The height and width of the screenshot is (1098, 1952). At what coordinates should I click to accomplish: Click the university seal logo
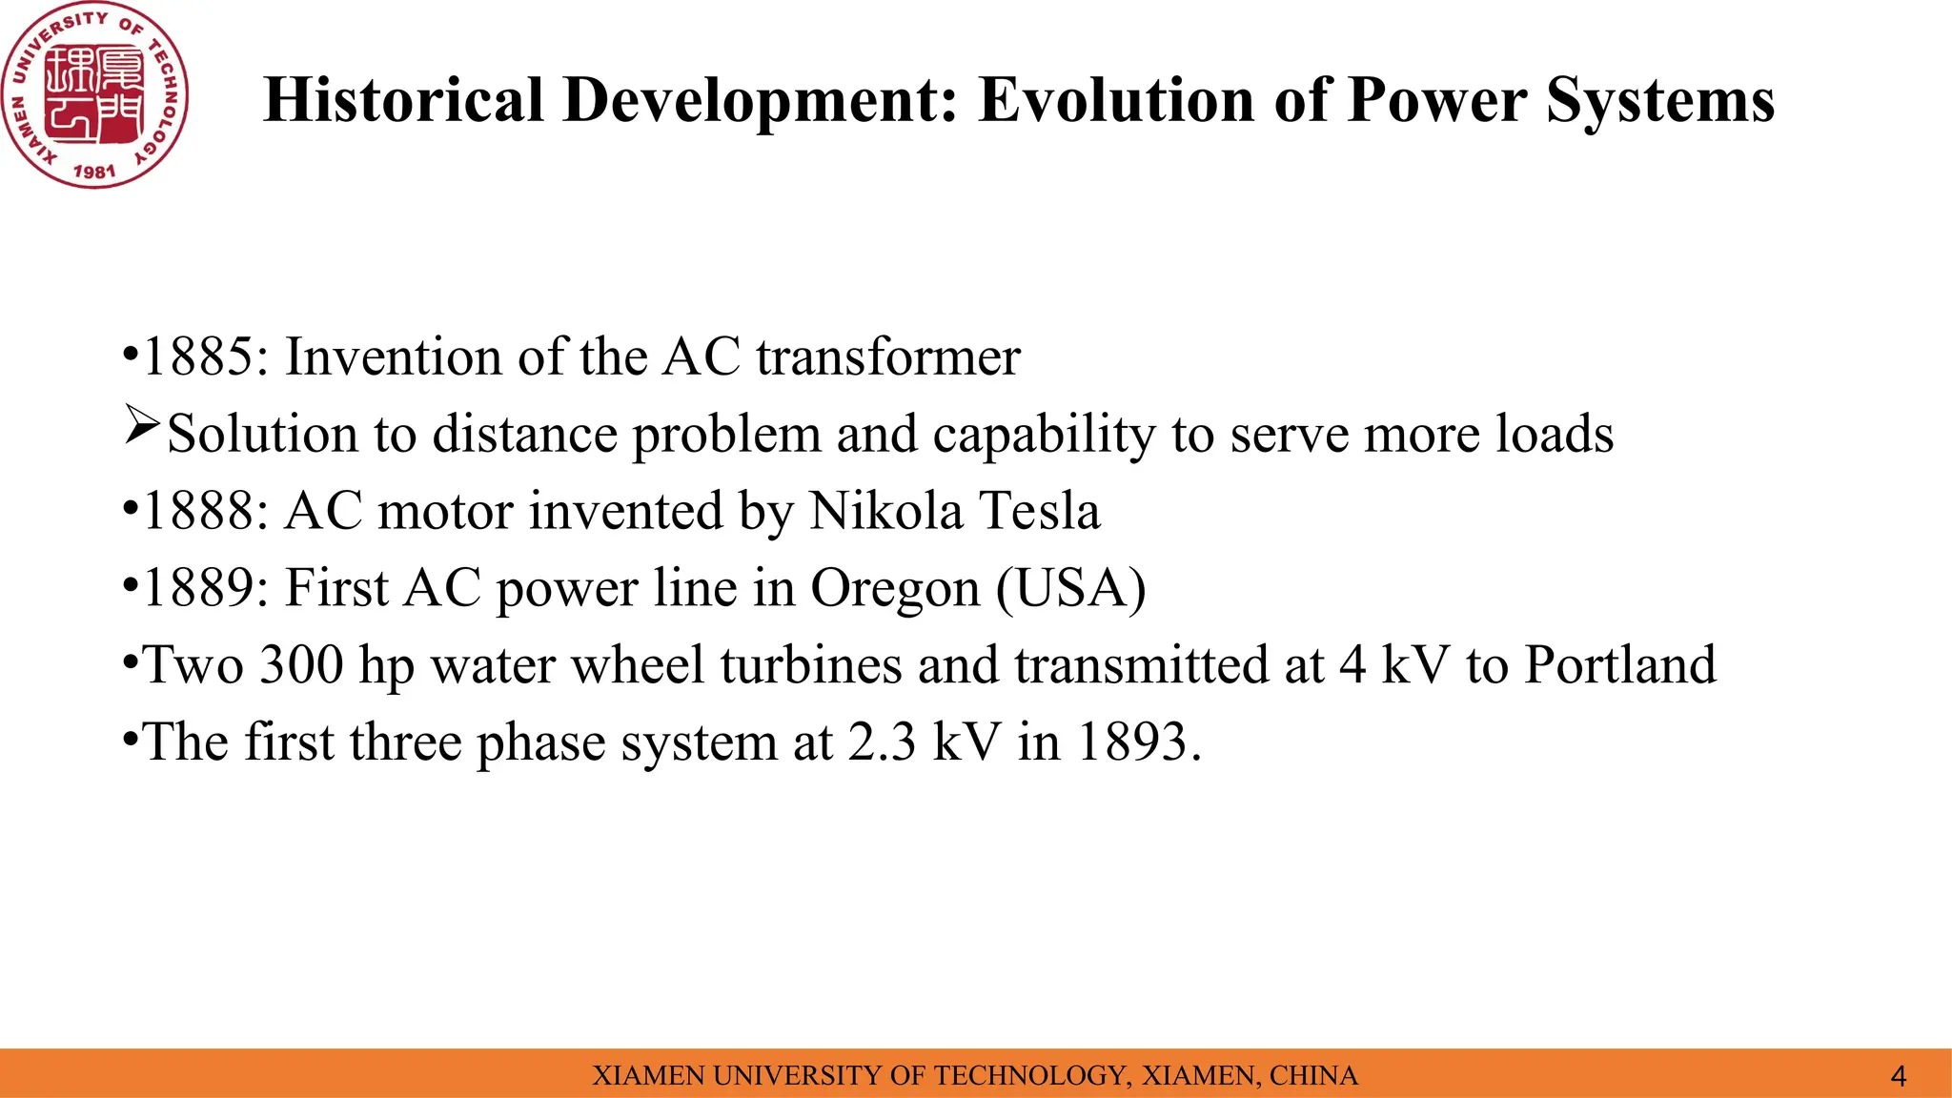94,94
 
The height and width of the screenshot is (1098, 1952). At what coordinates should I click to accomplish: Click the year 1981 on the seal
94,172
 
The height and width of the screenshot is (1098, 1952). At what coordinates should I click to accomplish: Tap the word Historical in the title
403,100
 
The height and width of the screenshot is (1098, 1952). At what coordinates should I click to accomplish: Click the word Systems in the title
1659,100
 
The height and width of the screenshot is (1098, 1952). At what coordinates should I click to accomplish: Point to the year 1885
198,357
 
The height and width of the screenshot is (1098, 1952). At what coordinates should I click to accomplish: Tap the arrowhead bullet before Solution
141,426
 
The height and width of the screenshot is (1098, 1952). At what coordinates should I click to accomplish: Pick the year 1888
198,511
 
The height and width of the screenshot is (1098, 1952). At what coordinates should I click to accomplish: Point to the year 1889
198,588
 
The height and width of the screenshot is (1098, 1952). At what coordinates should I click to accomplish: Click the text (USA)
1070,588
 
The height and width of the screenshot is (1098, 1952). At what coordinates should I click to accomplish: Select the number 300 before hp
301,665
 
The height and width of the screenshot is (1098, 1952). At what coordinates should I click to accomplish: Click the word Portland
1619,665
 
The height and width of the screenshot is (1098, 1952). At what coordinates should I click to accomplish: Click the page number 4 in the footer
1898,1077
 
